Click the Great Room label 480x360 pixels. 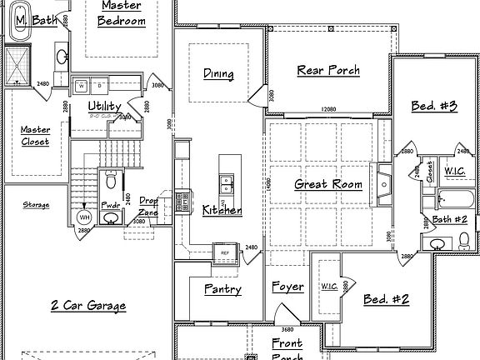point(328,184)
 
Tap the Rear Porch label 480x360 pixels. point(328,71)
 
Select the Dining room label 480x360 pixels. point(218,74)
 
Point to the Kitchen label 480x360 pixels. point(222,211)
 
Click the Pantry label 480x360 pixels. point(222,289)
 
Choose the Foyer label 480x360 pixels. point(287,287)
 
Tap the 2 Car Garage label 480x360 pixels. point(87,306)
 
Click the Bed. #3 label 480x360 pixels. point(433,106)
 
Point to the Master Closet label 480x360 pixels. point(35,136)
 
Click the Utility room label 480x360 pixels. point(105,107)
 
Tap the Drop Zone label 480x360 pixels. point(148,206)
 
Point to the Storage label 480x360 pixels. point(36,204)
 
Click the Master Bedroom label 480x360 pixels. point(122,13)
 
